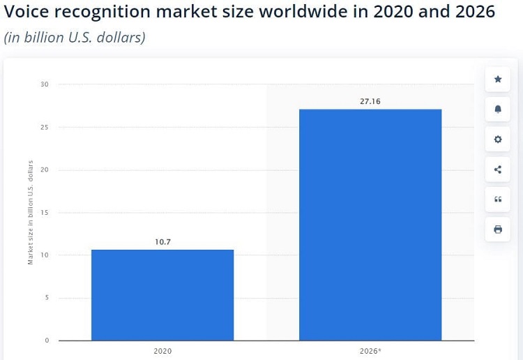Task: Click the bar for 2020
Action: click(x=162, y=294)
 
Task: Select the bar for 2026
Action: click(x=370, y=225)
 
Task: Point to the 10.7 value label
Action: click(x=162, y=241)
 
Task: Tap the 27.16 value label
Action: click(x=370, y=101)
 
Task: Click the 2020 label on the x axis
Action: click(x=162, y=351)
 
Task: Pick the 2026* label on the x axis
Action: click(x=370, y=351)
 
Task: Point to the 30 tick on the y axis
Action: click(x=45, y=84)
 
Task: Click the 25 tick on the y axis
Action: click(x=45, y=128)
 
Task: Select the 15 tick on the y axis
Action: click(x=45, y=213)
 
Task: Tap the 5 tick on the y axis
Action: click(x=47, y=298)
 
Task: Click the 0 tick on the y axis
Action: click(x=47, y=340)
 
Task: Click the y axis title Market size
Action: click(x=31, y=212)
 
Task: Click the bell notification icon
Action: click(x=498, y=110)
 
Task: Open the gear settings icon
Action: click(x=498, y=140)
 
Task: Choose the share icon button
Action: click(x=498, y=170)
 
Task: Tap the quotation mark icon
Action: click(x=498, y=200)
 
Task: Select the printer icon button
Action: click(x=498, y=230)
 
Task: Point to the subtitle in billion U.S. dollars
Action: click(x=75, y=38)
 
